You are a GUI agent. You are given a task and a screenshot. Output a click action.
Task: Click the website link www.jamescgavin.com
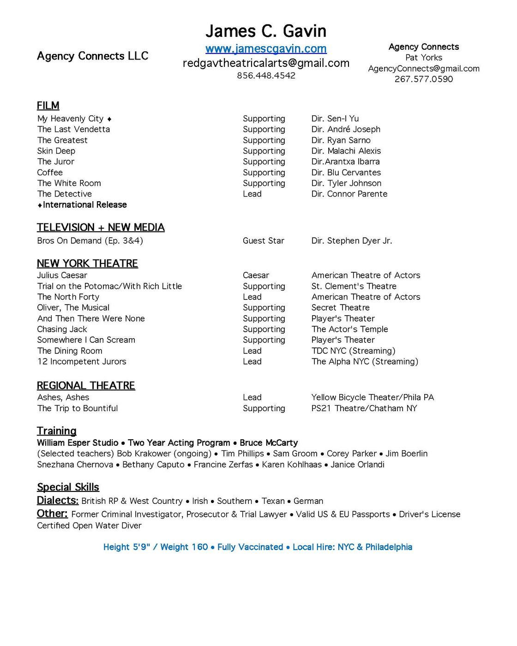pyautogui.click(x=266, y=48)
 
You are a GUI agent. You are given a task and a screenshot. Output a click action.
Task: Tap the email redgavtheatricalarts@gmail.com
pyautogui.click(x=266, y=63)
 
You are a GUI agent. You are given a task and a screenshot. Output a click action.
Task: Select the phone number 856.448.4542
pyautogui.click(x=266, y=76)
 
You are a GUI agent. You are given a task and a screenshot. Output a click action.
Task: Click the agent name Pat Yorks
pyautogui.click(x=423, y=58)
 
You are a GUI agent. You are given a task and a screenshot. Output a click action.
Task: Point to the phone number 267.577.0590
pyautogui.click(x=423, y=79)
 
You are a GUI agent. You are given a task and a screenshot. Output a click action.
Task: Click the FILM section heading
pyautogui.click(x=48, y=106)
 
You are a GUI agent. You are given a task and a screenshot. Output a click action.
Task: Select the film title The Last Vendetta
pyautogui.click(x=73, y=130)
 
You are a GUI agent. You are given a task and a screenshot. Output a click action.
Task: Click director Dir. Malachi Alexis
pyautogui.click(x=346, y=151)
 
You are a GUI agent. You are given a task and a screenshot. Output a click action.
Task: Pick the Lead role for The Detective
pyautogui.click(x=252, y=194)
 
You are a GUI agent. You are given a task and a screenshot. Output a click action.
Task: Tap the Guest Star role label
pyautogui.click(x=263, y=241)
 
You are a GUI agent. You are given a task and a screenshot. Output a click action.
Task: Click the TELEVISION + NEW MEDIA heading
pyautogui.click(x=101, y=227)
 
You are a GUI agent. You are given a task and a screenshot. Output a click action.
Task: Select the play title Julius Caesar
pyautogui.click(x=62, y=275)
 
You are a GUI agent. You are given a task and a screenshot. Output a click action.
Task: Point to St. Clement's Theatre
pyautogui.click(x=354, y=287)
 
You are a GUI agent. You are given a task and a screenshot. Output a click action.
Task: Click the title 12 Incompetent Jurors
pyautogui.click(x=82, y=362)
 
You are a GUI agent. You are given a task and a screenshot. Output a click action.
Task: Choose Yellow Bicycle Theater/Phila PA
pyautogui.click(x=373, y=398)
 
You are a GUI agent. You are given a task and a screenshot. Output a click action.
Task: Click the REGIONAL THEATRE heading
pyautogui.click(x=86, y=386)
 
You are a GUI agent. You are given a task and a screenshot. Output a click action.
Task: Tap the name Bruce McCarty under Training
pyautogui.click(x=269, y=443)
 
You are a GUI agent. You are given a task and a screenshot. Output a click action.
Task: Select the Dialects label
pyautogui.click(x=57, y=501)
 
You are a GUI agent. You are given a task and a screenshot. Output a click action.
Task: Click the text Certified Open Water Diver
pyautogui.click(x=89, y=526)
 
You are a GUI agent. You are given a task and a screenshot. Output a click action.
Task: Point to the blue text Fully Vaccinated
pyautogui.click(x=250, y=547)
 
